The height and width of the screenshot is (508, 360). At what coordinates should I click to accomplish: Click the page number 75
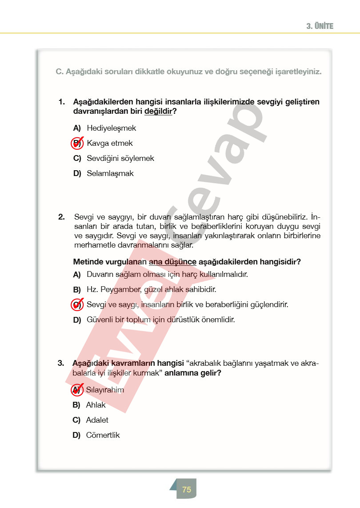coord(187,489)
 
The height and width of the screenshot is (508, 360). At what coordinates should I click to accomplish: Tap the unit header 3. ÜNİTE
coord(320,26)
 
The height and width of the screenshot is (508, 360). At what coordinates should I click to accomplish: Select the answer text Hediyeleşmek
coord(112,128)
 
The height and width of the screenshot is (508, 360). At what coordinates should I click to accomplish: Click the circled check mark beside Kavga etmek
coord(77,143)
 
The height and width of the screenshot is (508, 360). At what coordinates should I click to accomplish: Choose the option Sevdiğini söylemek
coord(120,158)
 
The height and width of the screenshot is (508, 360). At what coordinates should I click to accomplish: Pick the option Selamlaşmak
coord(110,173)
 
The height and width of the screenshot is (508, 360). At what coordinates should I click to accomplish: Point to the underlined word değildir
coord(158,111)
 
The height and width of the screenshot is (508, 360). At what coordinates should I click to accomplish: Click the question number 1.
coord(61,102)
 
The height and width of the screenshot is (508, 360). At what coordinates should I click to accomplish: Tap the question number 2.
coord(61,217)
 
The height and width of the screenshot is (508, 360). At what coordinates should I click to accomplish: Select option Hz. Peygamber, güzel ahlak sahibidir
coord(152,290)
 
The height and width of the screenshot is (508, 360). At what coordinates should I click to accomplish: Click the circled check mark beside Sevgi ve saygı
coord(77,305)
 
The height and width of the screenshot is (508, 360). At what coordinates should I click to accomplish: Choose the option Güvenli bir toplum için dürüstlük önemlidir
coord(161,320)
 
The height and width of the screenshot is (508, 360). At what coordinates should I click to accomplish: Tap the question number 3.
coord(61,363)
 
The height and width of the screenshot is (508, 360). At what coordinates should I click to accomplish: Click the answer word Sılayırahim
coord(105,390)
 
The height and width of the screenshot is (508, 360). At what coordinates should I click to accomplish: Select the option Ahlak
coord(96,405)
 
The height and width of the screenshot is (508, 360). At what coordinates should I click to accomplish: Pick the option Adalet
coord(97,420)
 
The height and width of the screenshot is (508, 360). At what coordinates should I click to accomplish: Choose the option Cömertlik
coord(103,435)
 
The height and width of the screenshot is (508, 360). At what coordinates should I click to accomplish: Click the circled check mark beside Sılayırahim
coord(77,390)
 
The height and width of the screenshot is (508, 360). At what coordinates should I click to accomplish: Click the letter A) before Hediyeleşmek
coord(77,128)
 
